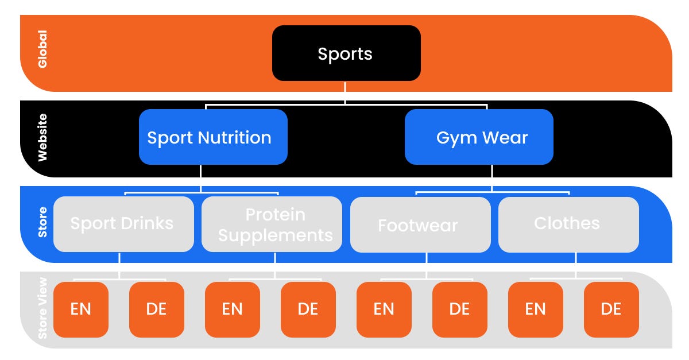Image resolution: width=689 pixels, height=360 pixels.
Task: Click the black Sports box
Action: point(346,53)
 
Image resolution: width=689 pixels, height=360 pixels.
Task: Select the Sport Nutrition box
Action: point(213,137)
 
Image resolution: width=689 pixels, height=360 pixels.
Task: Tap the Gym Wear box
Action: point(479,137)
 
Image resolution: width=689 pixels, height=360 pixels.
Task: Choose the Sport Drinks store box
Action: point(123,224)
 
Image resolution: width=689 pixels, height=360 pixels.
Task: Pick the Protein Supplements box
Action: point(272,224)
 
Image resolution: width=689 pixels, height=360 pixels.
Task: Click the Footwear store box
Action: point(420,224)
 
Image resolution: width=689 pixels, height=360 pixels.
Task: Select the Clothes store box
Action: point(568,224)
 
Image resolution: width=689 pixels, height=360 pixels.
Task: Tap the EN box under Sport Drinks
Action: point(81,309)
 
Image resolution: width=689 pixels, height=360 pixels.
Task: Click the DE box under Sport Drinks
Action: point(157,309)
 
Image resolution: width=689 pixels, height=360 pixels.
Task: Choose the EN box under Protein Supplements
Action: point(233,309)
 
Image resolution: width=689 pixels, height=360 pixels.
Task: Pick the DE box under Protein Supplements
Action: point(308,309)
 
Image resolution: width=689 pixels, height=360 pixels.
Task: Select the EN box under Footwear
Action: point(384,309)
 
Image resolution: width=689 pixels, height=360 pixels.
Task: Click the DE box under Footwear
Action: point(460,309)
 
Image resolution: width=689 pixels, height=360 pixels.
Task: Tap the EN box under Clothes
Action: point(536,309)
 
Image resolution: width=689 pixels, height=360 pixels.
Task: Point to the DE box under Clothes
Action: point(611,309)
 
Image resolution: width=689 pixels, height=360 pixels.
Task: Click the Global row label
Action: point(42,49)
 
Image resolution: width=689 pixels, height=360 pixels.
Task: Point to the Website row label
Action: point(42,137)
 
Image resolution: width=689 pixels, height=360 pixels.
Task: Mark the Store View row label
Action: point(42,309)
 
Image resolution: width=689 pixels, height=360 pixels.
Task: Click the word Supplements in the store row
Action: point(276,235)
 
